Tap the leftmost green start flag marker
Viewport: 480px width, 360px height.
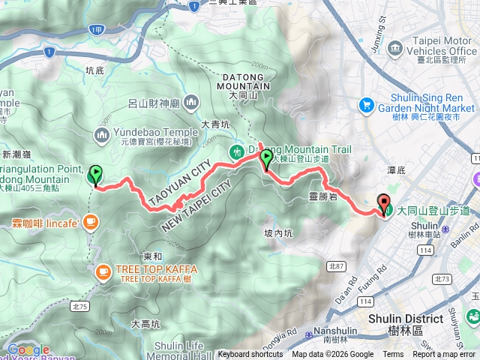pyautogui.click(x=95, y=175)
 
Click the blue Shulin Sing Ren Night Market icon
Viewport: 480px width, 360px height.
pyautogui.click(x=367, y=103)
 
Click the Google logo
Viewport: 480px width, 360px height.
pyautogui.click(x=28, y=350)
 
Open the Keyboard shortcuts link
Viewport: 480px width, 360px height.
pyautogui.click(x=250, y=355)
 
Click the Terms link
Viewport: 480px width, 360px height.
pyautogui.click(x=393, y=355)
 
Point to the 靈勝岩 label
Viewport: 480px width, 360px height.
pyautogui.click(x=323, y=196)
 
